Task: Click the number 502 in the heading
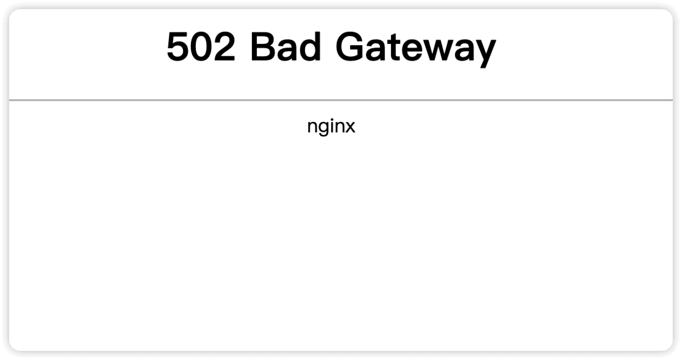coord(201,47)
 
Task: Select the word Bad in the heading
coord(285,47)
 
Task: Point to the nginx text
coord(331,128)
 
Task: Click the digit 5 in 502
coord(178,47)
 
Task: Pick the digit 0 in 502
coord(201,47)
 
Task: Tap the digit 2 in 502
coord(223,47)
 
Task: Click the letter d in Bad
coord(309,47)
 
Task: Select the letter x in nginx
coord(350,128)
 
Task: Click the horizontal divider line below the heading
coord(341,99)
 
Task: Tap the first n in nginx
coord(312,128)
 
